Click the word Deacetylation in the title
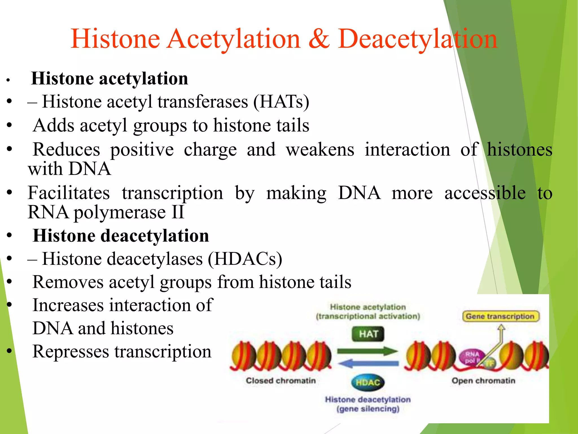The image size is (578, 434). [417, 40]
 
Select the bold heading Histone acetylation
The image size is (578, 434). [110, 79]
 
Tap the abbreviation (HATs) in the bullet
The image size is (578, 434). [281, 102]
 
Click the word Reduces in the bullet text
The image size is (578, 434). [66, 149]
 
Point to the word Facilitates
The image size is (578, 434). [69, 193]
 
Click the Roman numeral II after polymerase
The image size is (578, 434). [178, 212]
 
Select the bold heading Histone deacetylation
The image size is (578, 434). [121, 236]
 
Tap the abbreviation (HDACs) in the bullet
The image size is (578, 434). [245, 259]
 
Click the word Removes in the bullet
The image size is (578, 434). [68, 282]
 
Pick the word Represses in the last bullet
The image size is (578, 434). [71, 352]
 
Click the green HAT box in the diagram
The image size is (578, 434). [368, 334]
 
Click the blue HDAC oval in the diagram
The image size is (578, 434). [368, 383]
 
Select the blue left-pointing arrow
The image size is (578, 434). [368, 364]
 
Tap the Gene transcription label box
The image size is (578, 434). [500, 316]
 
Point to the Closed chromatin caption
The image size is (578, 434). [281, 381]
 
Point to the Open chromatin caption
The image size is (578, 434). [483, 381]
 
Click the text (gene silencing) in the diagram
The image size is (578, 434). [368, 409]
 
